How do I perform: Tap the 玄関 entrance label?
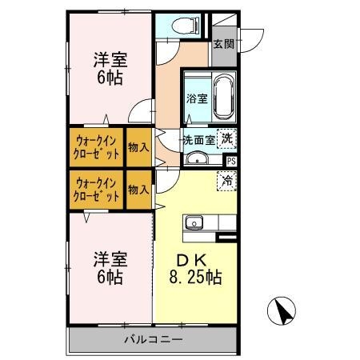[223, 44]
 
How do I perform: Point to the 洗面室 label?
[198, 139]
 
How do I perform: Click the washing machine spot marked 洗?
[227, 137]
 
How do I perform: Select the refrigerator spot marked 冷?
[226, 181]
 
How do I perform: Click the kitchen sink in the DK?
[194, 222]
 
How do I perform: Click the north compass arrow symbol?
[282, 310]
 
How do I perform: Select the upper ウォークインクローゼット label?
[97, 146]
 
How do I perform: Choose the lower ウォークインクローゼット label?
[97, 189]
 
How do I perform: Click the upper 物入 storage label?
[138, 146]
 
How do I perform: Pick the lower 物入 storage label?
[138, 190]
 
